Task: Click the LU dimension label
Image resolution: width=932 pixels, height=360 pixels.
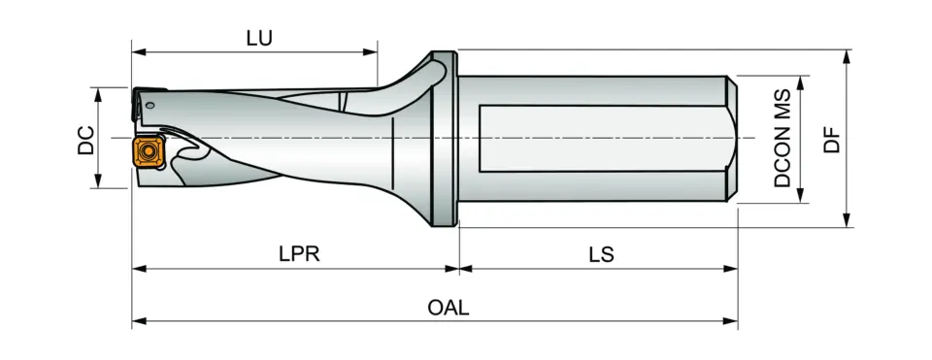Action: [x=258, y=38]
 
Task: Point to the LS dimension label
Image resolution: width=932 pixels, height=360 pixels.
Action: [x=600, y=254]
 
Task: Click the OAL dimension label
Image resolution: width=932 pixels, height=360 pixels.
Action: [x=449, y=308]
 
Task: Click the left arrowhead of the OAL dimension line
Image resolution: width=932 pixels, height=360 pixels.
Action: [x=138, y=320]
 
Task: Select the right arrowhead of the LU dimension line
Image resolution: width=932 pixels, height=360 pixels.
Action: [x=371, y=49]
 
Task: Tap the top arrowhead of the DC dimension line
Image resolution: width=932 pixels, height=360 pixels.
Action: [x=97, y=90]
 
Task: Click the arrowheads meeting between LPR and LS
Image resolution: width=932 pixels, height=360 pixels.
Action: [x=458, y=267]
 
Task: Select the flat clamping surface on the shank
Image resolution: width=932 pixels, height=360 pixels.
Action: [x=602, y=137]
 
